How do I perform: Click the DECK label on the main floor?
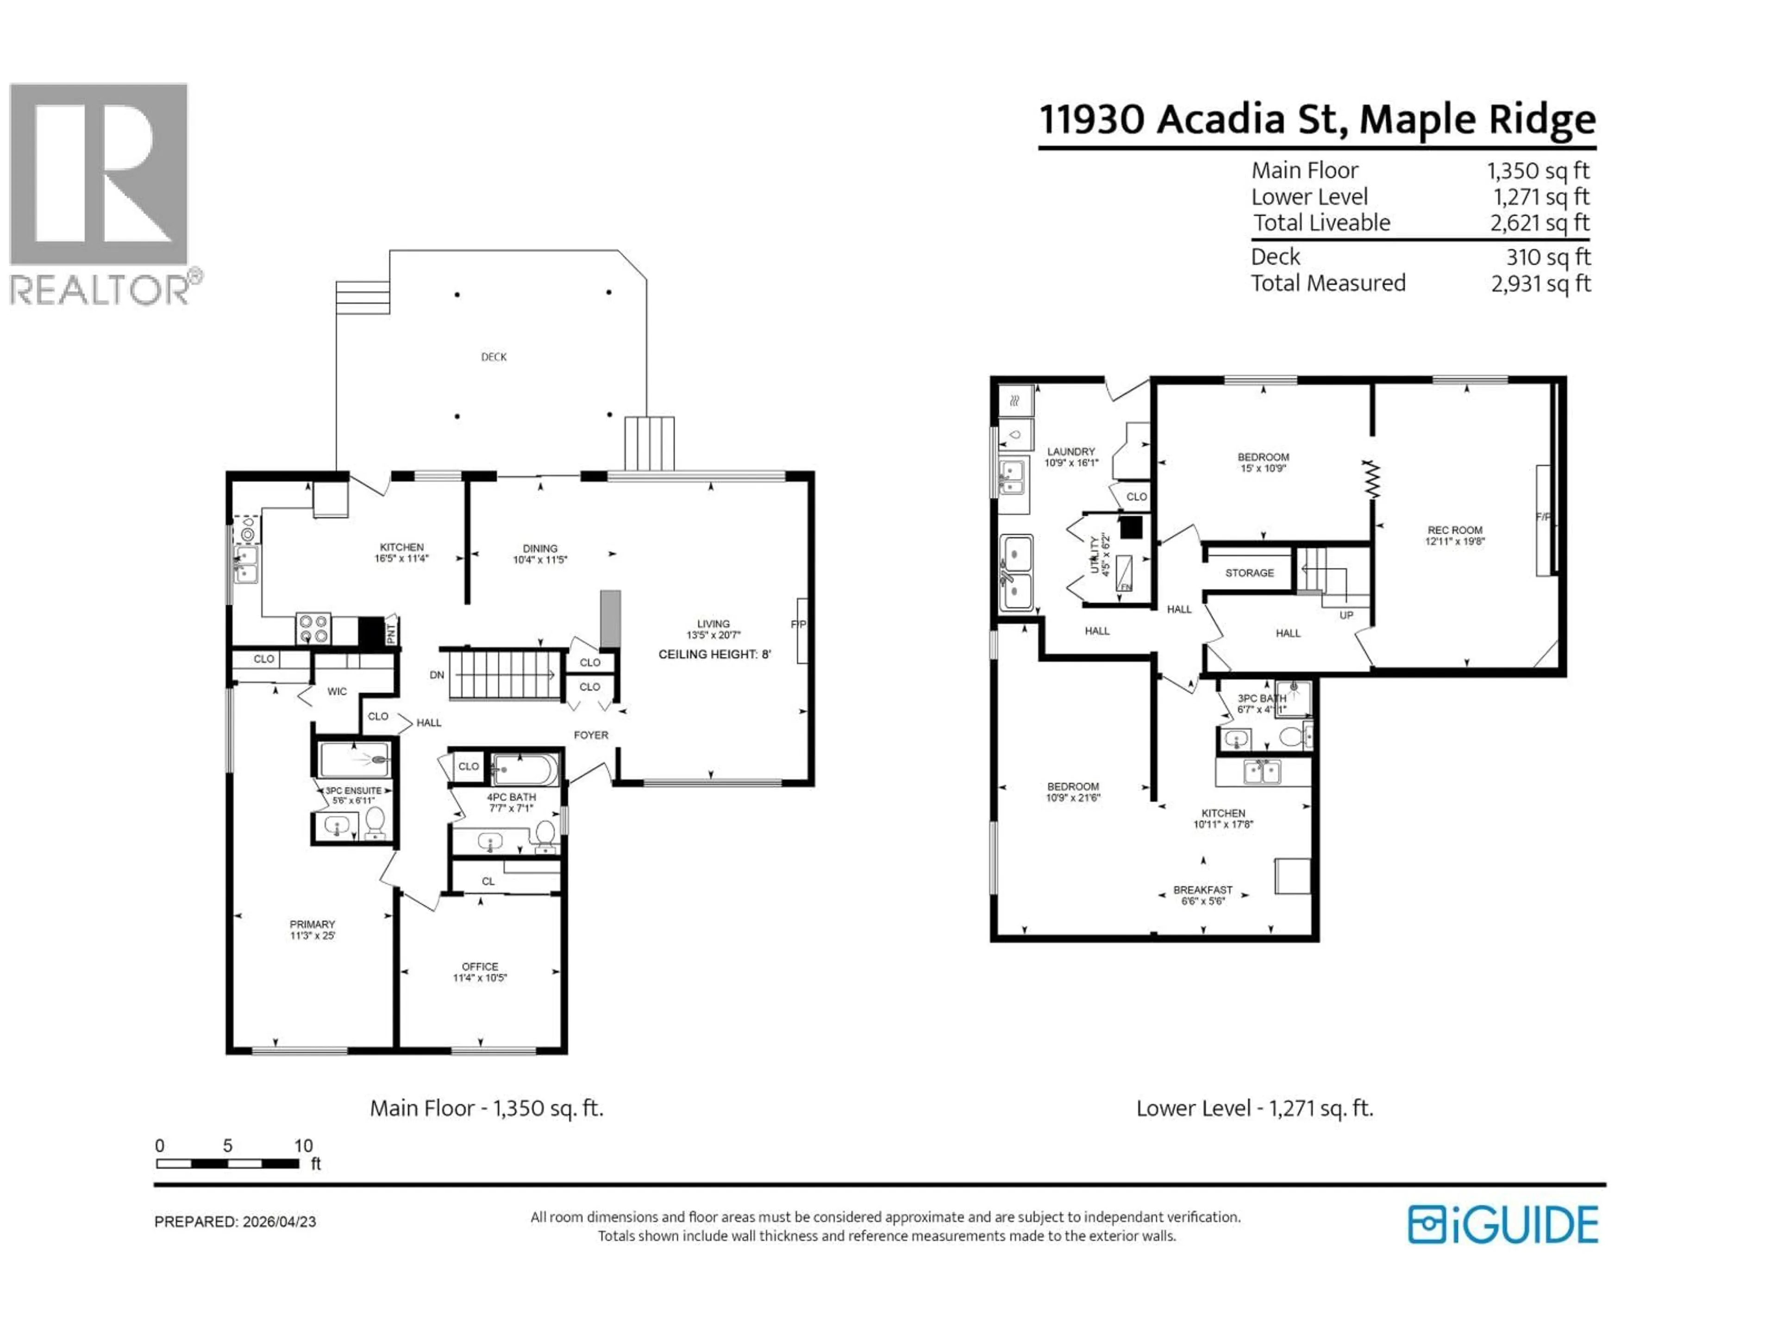point(494,357)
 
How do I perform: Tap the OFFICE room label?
point(480,967)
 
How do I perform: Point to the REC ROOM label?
point(1455,531)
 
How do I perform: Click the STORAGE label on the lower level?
point(1249,573)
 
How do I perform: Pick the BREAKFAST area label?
point(1202,890)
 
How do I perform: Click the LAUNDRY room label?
point(1071,452)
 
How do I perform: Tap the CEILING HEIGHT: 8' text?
point(714,654)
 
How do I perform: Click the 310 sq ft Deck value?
point(1548,258)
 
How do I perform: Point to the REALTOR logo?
point(100,193)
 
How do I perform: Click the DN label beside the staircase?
point(437,675)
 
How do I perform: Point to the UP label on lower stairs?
point(1346,615)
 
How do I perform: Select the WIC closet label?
point(337,692)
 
